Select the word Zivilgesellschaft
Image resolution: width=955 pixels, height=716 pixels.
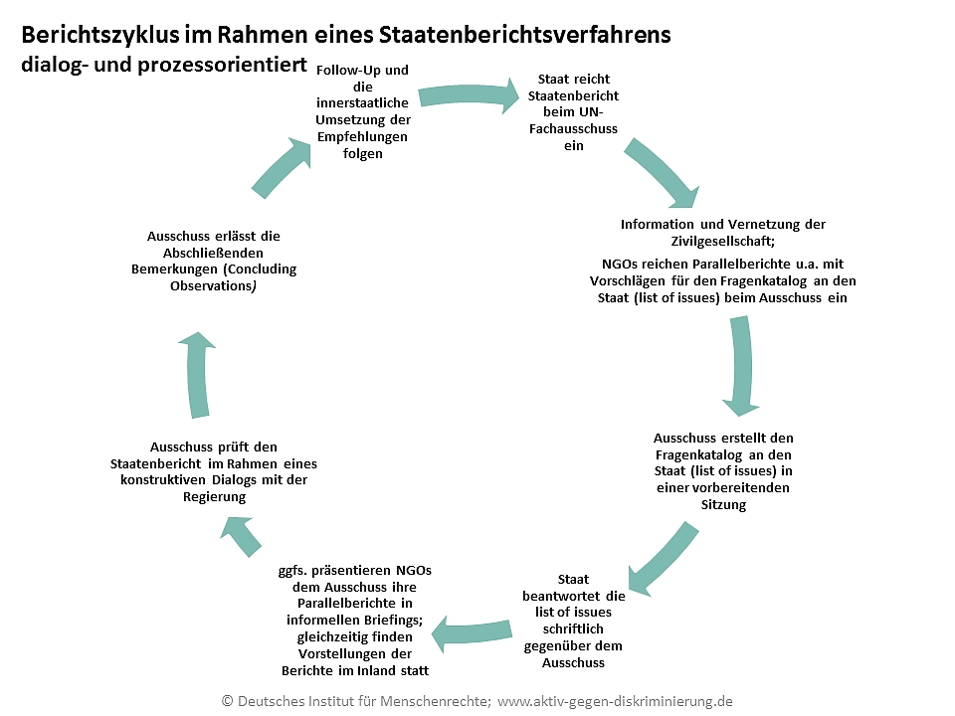click(722, 241)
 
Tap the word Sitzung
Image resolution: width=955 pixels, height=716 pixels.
click(723, 504)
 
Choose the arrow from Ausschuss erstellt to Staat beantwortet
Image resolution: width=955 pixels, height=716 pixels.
click(661, 558)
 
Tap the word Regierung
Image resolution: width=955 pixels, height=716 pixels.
click(214, 496)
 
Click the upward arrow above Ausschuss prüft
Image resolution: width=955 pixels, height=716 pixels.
click(198, 378)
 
